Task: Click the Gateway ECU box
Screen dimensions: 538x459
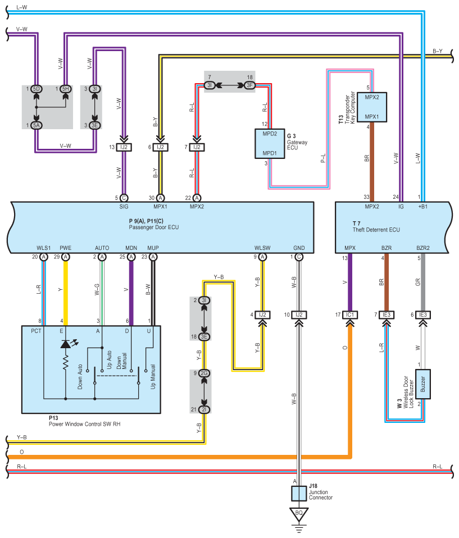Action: tap(270, 144)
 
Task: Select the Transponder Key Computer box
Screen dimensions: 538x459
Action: tap(369, 107)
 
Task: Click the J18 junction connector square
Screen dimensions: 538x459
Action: tap(298, 494)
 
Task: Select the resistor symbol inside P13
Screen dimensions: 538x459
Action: tap(66, 364)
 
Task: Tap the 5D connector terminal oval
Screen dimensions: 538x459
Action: tap(37, 89)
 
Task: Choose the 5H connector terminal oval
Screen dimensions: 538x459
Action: tap(66, 89)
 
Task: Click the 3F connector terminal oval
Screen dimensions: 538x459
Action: tap(249, 85)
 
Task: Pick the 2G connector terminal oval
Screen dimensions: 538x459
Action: tap(204, 373)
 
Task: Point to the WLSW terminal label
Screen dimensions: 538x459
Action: tap(262, 248)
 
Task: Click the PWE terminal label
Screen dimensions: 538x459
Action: tap(66, 248)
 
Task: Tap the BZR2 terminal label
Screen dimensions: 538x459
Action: tap(422, 248)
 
